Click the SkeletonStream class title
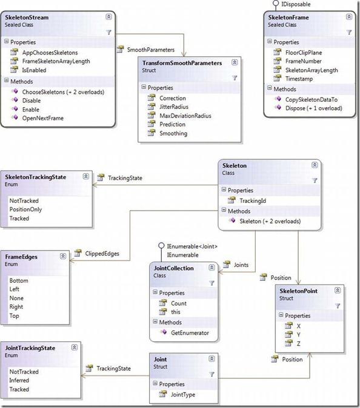click(x=27, y=18)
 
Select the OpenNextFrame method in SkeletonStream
click(x=42, y=118)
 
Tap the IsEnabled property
click(x=34, y=70)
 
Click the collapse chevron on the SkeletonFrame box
click(x=349, y=17)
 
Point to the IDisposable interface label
click(x=296, y=4)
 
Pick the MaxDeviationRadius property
click(x=185, y=116)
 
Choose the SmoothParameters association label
click(x=151, y=50)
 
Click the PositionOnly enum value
click(x=25, y=209)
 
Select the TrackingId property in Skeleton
click(x=253, y=201)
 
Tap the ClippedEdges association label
click(x=102, y=254)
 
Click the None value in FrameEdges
click(x=16, y=298)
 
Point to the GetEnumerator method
click(x=190, y=333)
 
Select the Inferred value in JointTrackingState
click(x=19, y=380)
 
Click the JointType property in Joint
click(x=183, y=395)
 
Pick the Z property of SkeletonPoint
click(x=299, y=344)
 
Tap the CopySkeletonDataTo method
click(x=312, y=100)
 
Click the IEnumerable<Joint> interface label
click(x=192, y=246)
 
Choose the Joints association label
click(x=241, y=265)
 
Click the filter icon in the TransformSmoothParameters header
click(x=235, y=78)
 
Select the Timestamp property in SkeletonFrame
click(x=299, y=79)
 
